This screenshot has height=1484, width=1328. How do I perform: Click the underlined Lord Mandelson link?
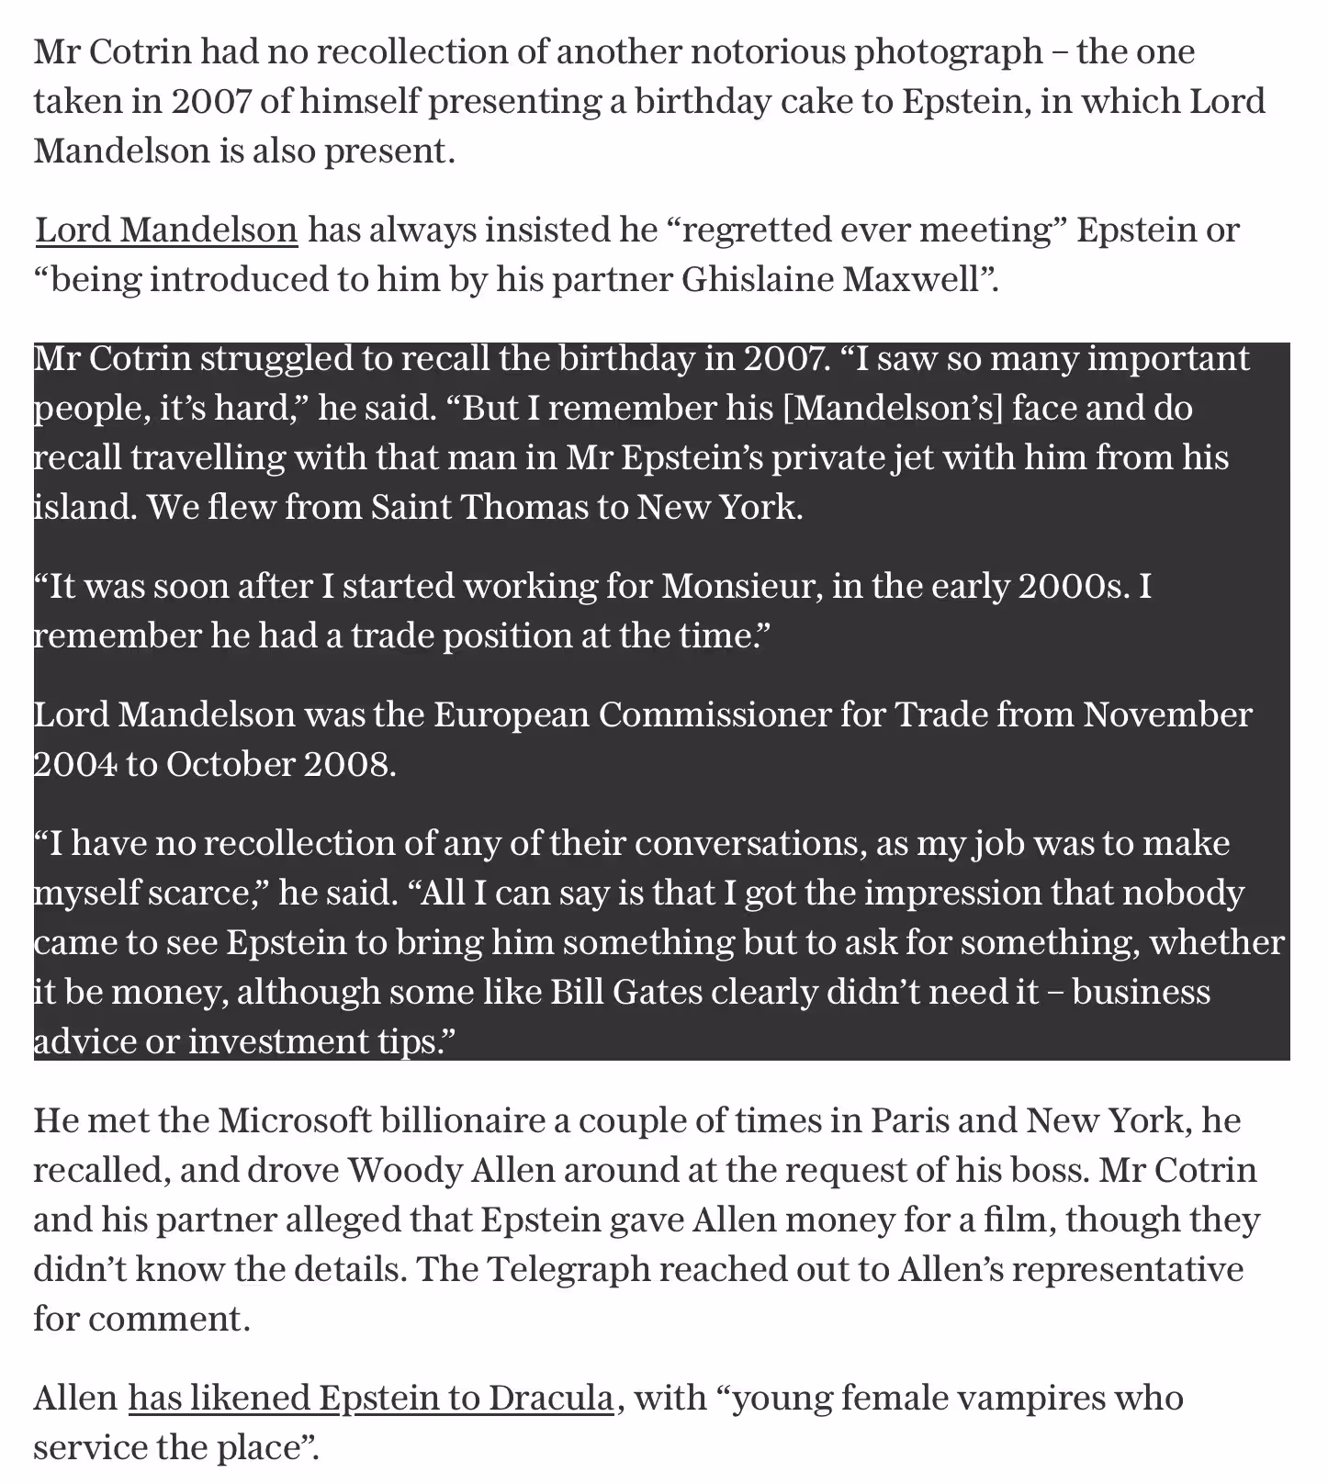pos(166,230)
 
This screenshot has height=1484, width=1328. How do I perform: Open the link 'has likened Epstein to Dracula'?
pos(370,1398)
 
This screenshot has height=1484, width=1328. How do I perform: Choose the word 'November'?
pos(1166,714)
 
